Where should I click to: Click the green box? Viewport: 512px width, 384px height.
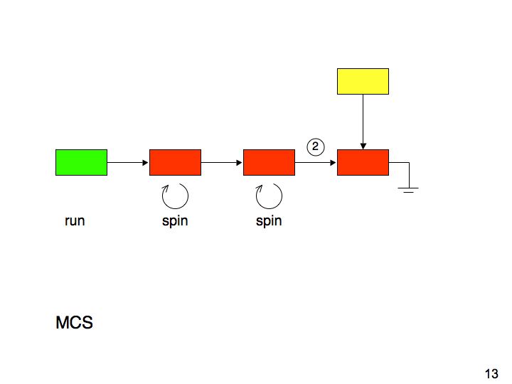tap(81, 162)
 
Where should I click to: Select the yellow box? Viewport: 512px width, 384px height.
tap(363, 81)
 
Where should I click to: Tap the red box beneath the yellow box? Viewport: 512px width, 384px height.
tap(363, 162)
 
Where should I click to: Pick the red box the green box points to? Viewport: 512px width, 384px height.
tap(175, 162)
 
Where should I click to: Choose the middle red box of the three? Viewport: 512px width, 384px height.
tap(269, 162)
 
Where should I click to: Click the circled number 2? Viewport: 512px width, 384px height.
tap(316, 146)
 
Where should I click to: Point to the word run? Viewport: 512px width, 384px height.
tap(75, 220)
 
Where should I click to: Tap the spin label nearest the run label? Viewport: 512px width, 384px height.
tap(175, 221)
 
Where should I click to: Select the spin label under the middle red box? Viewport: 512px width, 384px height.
tap(269, 221)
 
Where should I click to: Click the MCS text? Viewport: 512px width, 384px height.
tap(75, 323)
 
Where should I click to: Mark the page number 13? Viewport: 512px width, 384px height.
tap(491, 373)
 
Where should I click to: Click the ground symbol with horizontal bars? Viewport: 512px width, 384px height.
tap(408, 190)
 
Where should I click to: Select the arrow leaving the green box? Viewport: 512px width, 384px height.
tap(128, 162)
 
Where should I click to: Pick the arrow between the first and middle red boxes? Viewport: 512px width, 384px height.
tap(222, 162)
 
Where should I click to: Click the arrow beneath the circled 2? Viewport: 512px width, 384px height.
tap(316, 162)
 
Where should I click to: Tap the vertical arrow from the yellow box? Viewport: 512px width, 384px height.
tap(363, 122)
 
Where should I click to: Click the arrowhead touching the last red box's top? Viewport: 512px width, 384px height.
tap(363, 146)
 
